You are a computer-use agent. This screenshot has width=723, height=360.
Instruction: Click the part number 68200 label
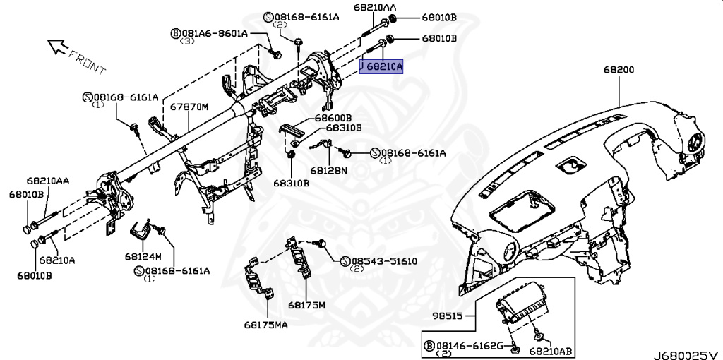(x=619, y=70)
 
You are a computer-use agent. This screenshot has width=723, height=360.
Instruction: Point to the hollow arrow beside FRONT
(x=56, y=47)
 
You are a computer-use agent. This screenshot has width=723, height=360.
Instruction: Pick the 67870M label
(x=189, y=107)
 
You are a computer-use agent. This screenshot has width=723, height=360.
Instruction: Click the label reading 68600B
(x=333, y=117)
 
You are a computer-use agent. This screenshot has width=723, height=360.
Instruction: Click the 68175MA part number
(x=266, y=325)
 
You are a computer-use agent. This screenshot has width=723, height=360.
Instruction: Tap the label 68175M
(x=306, y=305)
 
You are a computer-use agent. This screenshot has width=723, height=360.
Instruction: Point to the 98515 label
(x=447, y=316)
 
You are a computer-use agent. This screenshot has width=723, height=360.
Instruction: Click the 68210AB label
(x=551, y=350)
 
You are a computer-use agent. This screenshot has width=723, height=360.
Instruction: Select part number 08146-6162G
(x=468, y=344)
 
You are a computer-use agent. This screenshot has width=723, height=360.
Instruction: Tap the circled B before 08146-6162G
(x=428, y=344)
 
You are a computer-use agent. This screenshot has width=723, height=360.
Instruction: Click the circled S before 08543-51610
(x=345, y=261)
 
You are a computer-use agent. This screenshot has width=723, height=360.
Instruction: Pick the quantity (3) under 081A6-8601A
(x=188, y=42)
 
